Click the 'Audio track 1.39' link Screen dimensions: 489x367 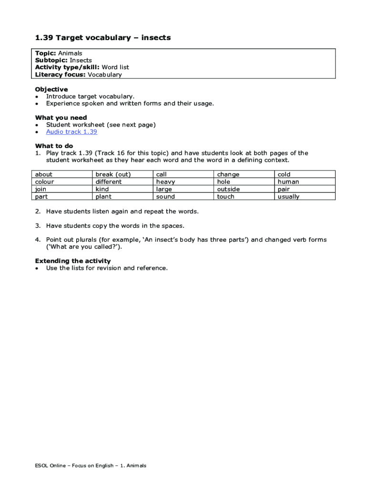[x=71, y=132]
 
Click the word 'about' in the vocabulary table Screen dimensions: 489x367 [x=44, y=174]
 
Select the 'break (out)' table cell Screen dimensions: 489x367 [x=113, y=174]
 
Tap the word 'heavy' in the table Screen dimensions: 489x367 [x=165, y=182]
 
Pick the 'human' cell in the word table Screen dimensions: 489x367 [x=288, y=182]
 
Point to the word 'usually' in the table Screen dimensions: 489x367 [x=288, y=197]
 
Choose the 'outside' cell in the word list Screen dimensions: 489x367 [x=228, y=189]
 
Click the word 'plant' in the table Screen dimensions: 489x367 [x=103, y=197]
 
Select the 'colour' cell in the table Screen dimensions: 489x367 [x=45, y=182]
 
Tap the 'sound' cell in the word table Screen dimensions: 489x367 [x=165, y=197]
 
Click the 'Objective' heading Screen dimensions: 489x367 [x=51, y=89]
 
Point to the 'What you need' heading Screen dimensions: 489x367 [x=61, y=117]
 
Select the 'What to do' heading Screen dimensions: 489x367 [x=54, y=146]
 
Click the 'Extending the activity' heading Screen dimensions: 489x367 [x=73, y=261]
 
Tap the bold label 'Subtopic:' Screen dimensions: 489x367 [x=51, y=61]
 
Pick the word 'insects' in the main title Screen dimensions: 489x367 [x=155, y=38]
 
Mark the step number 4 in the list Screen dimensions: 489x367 [x=37, y=240]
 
